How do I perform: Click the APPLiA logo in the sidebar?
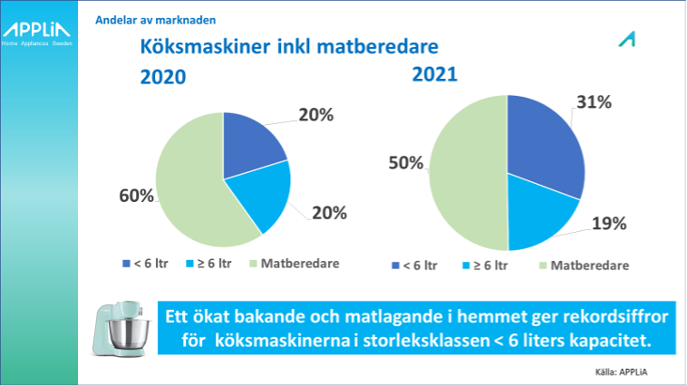pyautogui.click(x=36, y=34)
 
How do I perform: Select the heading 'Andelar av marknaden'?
pyautogui.click(x=156, y=20)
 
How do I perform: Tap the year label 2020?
pyautogui.click(x=163, y=77)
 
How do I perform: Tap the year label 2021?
pyautogui.click(x=435, y=74)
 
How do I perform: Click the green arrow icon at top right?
pyautogui.click(x=627, y=40)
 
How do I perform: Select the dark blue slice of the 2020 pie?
pyautogui.click(x=251, y=142)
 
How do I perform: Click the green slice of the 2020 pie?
pyautogui.click(x=193, y=188)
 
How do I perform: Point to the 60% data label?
pyautogui.click(x=136, y=196)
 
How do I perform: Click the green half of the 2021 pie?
pyautogui.click(x=468, y=173)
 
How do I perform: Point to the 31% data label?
pyautogui.click(x=595, y=102)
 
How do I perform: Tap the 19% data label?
pyautogui.click(x=609, y=224)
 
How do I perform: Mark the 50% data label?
pyautogui.click(x=406, y=163)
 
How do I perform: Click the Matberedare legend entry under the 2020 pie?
pyautogui.click(x=295, y=264)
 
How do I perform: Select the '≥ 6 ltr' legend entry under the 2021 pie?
pyautogui.click(x=485, y=265)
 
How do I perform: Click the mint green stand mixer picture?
pyautogui.click(x=121, y=329)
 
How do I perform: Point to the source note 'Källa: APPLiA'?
pyautogui.click(x=621, y=372)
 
